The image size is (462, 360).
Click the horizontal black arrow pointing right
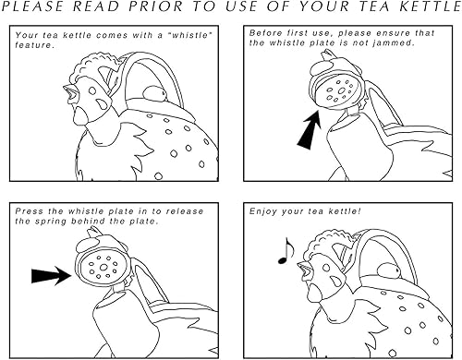point(52,275)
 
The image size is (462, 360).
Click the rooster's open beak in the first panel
point(69,92)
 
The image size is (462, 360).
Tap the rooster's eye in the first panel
point(92,90)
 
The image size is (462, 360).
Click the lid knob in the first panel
point(155,93)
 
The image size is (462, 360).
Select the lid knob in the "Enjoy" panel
point(389,271)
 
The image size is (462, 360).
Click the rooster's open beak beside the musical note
point(304,270)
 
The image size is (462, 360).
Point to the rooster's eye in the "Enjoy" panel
point(326,268)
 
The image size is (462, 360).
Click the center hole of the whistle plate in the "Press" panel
point(103,267)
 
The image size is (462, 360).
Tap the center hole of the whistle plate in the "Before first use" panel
point(342,90)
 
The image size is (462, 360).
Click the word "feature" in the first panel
point(33,45)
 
